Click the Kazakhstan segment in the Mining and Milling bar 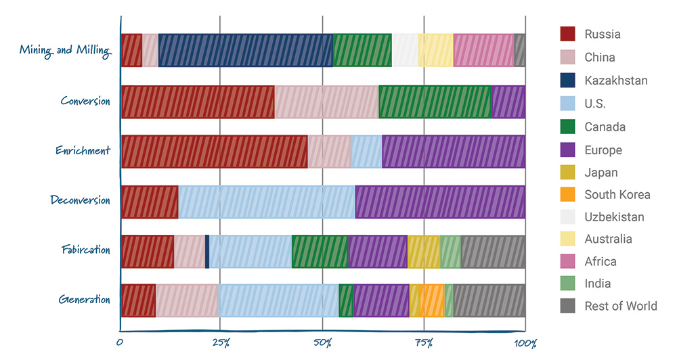[245, 50]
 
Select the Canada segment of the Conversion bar [434, 102]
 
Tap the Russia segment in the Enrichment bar [214, 151]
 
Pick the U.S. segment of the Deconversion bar [266, 201]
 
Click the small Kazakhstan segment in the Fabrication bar [207, 251]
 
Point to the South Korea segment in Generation [432, 300]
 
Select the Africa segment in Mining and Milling [483, 50]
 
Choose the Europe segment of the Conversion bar [508, 102]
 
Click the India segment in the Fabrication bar [450, 251]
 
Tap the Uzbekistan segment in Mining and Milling [405, 50]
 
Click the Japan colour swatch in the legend [567, 172]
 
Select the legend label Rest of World [620, 306]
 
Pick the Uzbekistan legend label [614, 217]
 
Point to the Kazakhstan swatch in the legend [567, 80]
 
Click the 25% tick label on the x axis [221, 343]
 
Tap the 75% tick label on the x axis [423, 343]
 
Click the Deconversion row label [80, 200]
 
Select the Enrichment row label [83, 150]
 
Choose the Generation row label [84, 299]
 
